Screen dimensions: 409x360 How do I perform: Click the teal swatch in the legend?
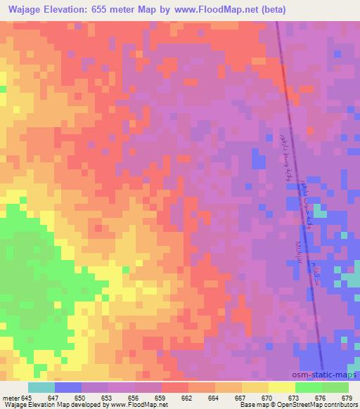[41, 387]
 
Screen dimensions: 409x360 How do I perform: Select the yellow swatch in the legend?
[281, 387]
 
